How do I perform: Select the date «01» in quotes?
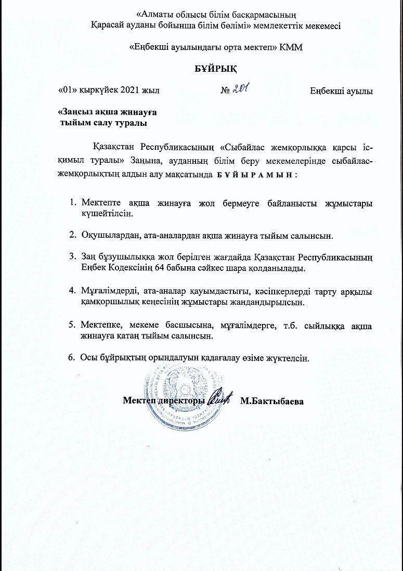[x=69, y=90]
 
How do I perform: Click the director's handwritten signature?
[x=220, y=400]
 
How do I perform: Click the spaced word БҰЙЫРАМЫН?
[x=255, y=175]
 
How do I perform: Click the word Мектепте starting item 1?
[x=99, y=203]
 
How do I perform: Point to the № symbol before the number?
[x=225, y=90]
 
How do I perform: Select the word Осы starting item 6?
[x=90, y=358]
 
